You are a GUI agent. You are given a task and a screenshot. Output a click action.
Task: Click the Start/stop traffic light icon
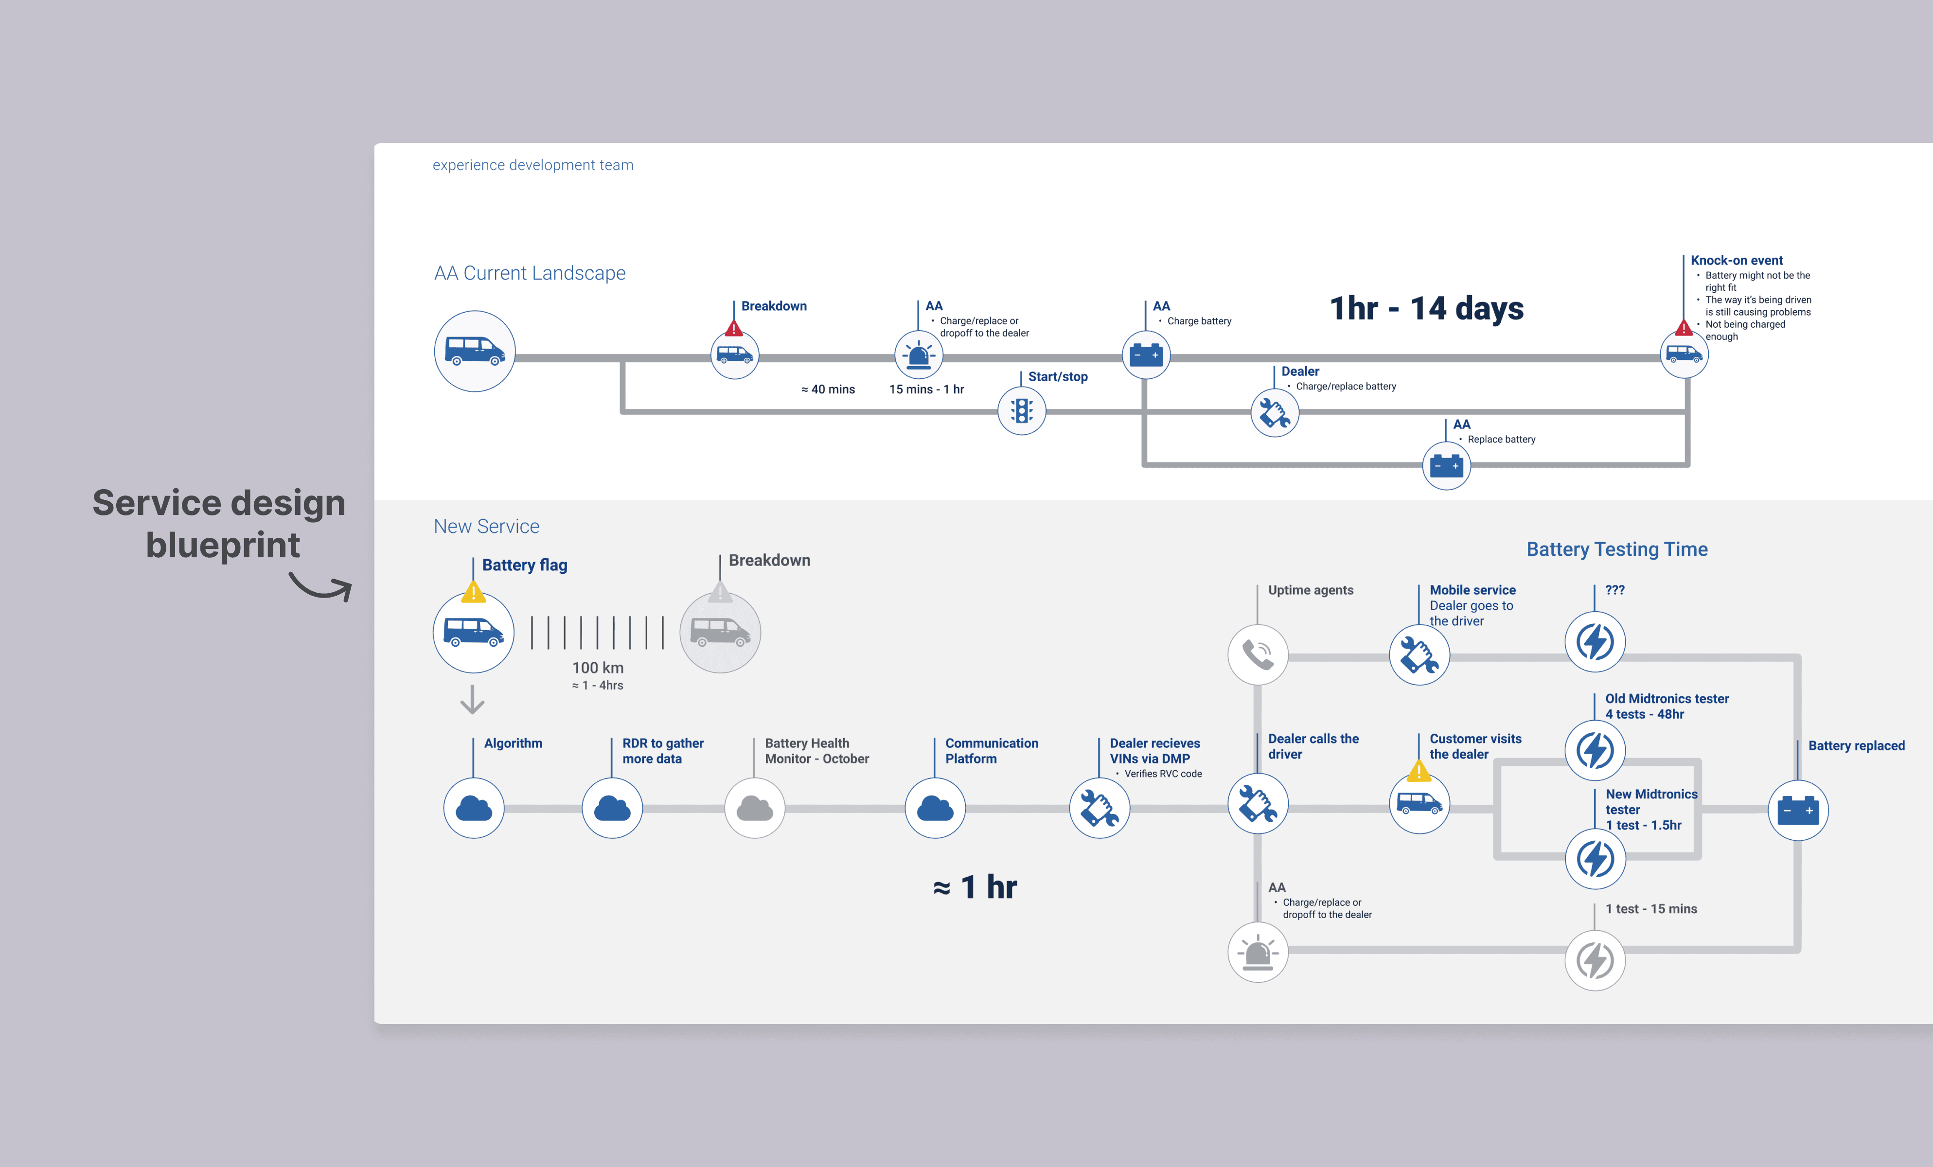pyautogui.click(x=1021, y=411)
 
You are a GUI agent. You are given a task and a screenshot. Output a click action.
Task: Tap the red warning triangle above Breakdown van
pyautogui.click(x=733, y=328)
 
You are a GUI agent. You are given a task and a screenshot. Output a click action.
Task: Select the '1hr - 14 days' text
pyautogui.click(x=1427, y=308)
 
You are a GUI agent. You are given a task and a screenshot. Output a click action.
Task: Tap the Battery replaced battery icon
pyautogui.click(x=1798, y=810)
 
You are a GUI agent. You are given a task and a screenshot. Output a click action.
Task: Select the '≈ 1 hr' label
pyautogui.click(x=975, y=887)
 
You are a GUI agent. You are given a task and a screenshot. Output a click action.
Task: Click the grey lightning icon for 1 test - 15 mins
pyautogui.click(x=1595, y=960)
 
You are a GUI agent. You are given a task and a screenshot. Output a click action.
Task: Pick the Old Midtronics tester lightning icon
pyautogui.click(x=1595, y=750)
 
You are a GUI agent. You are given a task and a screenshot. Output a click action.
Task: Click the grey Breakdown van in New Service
pyautogui.click(x=720, y=632)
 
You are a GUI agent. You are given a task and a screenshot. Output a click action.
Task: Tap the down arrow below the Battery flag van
pyautogui.click(x=472, y=700)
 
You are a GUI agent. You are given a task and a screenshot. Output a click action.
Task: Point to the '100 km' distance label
pyautogui.click(x=598, y=668)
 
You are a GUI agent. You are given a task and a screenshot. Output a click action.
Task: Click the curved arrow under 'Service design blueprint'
pyautogui.click(x=321, y=586)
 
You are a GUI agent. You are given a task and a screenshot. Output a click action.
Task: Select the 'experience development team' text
pyautogui.click(x=532, y=165)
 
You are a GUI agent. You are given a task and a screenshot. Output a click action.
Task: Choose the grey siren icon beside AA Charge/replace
pyautogui.click(x=1258, y=952)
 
